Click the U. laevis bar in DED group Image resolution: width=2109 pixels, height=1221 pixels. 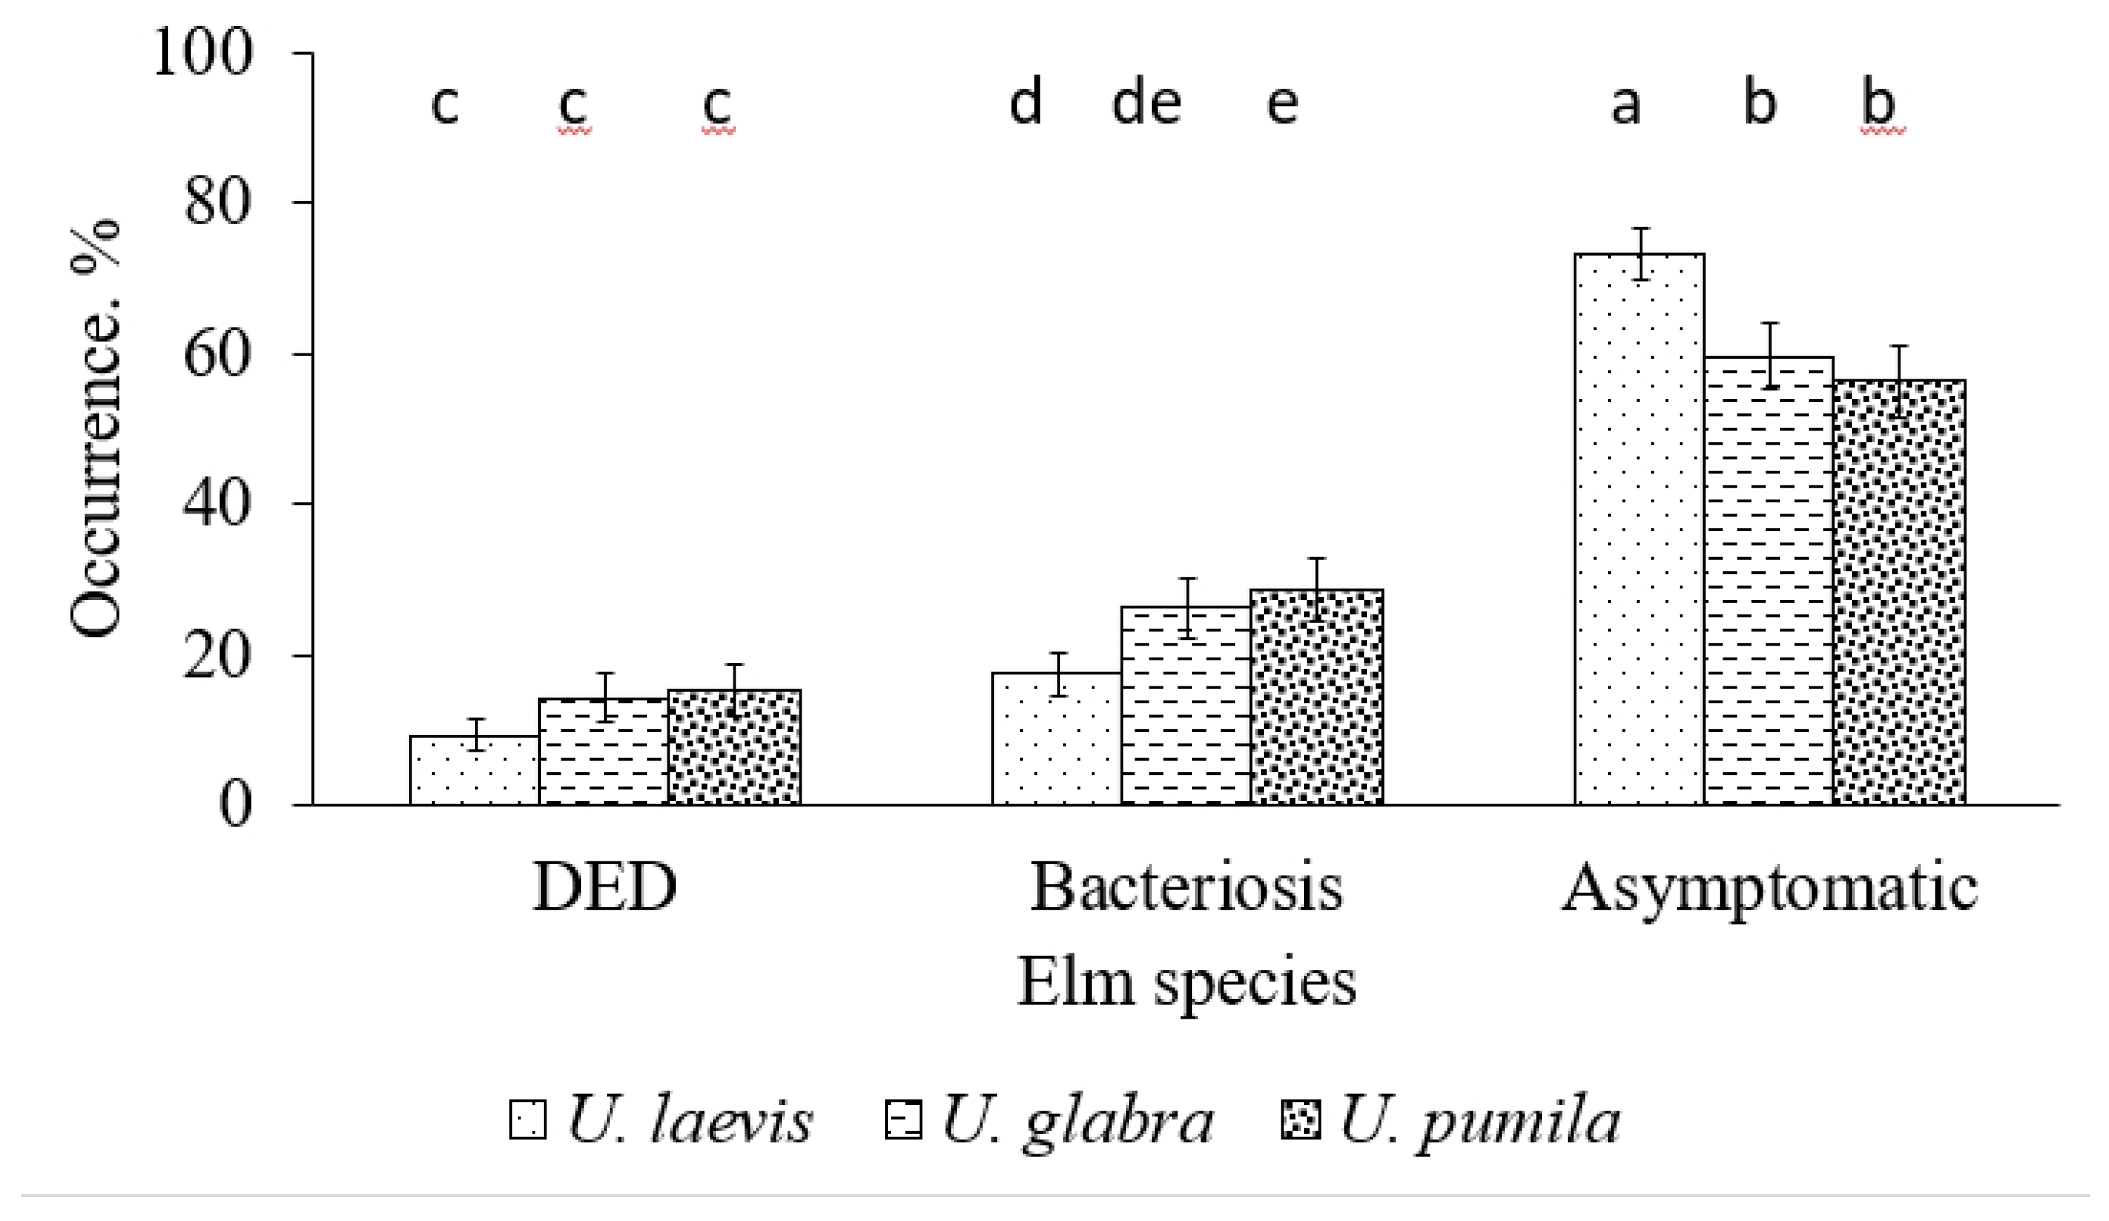[474, 771]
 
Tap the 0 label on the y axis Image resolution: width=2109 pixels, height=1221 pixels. [235, 806]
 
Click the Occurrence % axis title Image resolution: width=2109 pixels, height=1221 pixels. [95, 428]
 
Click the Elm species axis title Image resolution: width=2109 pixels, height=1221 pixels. [1186, 981]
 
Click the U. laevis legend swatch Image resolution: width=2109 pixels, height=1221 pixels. [527, 1120]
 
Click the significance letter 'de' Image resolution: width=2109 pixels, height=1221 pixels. [1146, 104]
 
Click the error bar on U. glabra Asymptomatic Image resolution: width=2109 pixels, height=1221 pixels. [1769, 355]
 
